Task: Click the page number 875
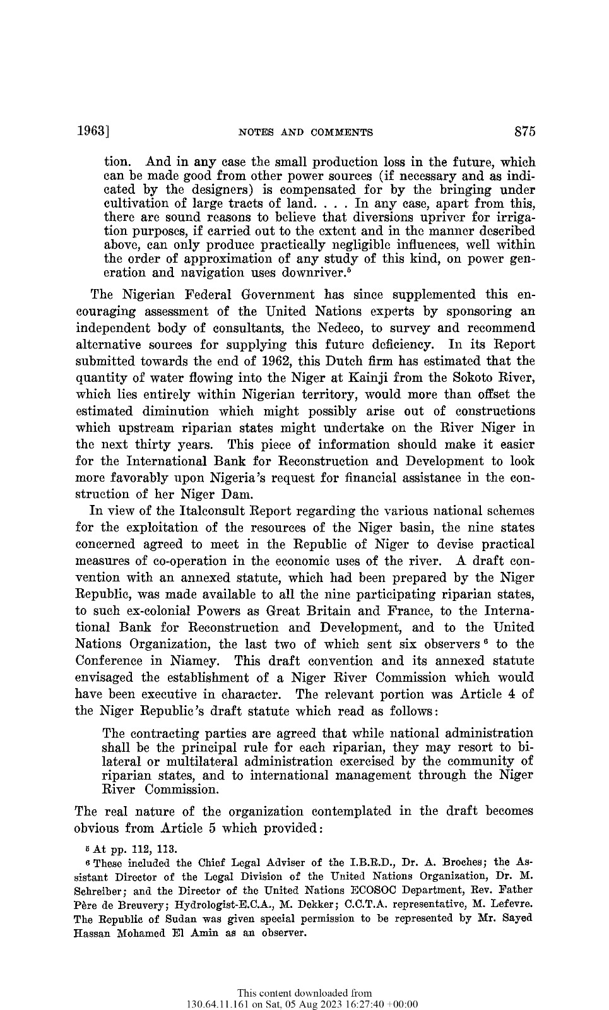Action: point(524,132)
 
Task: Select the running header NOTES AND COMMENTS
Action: point(305,133)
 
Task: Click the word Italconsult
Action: point(199,511)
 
